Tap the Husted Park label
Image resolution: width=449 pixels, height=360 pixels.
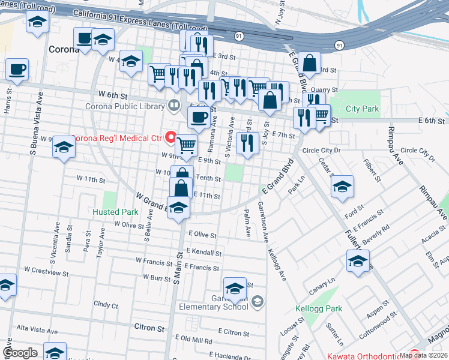click(x=115, y=212)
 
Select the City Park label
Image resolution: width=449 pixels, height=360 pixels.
click(x=363, y=109)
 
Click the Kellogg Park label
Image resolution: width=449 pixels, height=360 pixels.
click(x=319, y=309)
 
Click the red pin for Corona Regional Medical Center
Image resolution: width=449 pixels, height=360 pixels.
click(x=170, y=138)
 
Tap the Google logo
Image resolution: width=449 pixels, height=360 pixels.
click(x=20, y=353)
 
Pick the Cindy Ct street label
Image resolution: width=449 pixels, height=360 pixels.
click(x=106, y=305)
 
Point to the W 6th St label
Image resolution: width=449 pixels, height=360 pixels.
click(x=114, y=95)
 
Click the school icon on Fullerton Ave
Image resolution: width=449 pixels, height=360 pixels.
click(x=358, y=261)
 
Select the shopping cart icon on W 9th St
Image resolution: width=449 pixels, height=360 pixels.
click(x=187, y=144)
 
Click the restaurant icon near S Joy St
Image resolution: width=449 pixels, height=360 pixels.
click(x=247, y=143)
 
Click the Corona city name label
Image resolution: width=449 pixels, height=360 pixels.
click(x=64, y=49)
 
